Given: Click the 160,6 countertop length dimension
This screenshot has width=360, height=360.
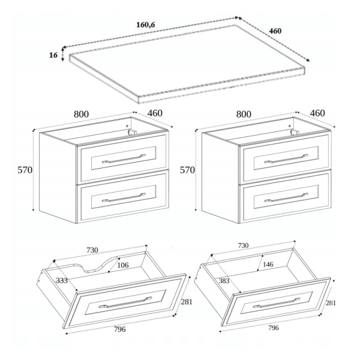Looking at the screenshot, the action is pyautogui.click(x=146, y=25).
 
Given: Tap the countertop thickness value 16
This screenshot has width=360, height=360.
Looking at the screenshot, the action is pyautogui.click(x=53, y=55).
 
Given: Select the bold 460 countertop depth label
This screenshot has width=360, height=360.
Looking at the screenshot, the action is pyautogui.click(x=275, y=31).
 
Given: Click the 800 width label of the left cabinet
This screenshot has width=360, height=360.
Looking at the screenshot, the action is pyautogui.click(x=81, y=114).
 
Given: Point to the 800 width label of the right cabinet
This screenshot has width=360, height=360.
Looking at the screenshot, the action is pyautogui.click(x=244, y=114).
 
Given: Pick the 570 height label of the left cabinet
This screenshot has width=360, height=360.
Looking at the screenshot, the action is pyautogui.click(x=25, y=170).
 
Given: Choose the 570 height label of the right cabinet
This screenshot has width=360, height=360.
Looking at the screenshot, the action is pyautogui.click(x=187, y=170).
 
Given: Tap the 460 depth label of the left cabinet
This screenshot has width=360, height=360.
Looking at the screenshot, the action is pyautogui.click(x=155, y=113).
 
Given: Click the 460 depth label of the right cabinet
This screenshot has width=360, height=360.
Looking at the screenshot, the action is pyautogui.click(x=317, y=113).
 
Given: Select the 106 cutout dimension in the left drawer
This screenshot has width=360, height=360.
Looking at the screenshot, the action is pyautogui.click(x=123, y=265).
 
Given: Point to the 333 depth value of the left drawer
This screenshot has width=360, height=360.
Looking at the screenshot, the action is pyautogui.click(x=62, y=280).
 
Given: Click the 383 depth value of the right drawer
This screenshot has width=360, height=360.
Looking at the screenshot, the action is pyautogui.click(x=224, y=281).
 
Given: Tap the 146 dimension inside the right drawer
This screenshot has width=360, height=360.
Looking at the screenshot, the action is pyautogui.click(x=268, y=265).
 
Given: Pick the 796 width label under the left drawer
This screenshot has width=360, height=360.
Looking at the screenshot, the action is pyautogui.click(x=120, y=329).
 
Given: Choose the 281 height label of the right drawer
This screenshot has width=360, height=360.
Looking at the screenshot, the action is pyautogui.click(x=331, y=303).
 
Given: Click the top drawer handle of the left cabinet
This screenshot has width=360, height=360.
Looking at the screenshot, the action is pyautogui.click(x=124, y=158).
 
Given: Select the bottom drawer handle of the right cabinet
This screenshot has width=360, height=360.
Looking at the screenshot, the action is pyautogui.click(x=286, y=197).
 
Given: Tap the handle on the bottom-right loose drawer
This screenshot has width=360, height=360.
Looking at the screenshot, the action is pyautogui.click(x=277, y=303).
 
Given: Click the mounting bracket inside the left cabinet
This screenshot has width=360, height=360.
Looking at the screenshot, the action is pyautogui.click(x=133, y=132).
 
